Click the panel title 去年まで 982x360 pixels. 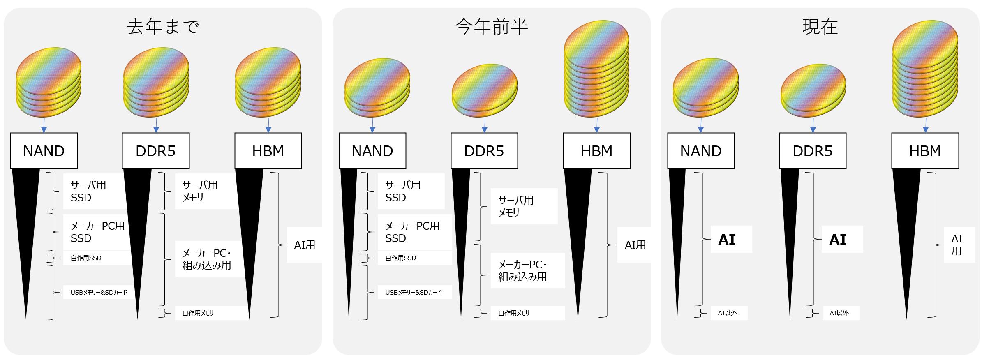163,27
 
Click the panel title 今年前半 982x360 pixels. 491,27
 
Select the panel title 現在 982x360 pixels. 820,27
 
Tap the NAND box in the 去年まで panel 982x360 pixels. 44,151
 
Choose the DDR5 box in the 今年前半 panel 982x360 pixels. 484,151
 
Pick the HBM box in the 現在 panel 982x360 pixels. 925,151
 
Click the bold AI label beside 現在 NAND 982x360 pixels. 727,240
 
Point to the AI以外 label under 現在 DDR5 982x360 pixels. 839,313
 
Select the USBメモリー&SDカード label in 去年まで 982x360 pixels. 99,293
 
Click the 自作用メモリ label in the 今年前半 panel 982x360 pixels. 514,313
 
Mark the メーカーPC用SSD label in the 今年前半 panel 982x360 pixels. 412,232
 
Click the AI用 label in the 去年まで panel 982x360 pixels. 305,245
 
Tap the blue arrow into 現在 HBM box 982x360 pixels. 925,125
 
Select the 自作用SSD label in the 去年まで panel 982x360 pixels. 86,258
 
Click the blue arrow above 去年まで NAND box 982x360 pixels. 44,125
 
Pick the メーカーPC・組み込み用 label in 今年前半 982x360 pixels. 522,270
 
